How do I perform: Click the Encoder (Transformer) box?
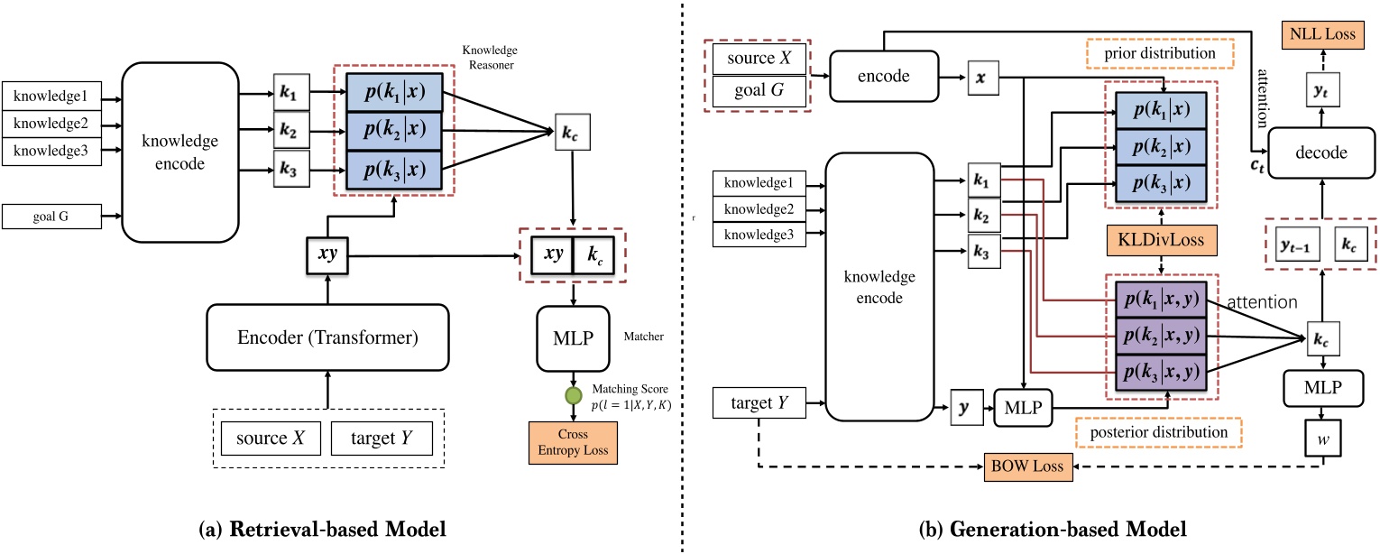(328, 337)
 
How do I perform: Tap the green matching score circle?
(572, 395)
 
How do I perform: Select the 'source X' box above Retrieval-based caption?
(272, 439)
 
